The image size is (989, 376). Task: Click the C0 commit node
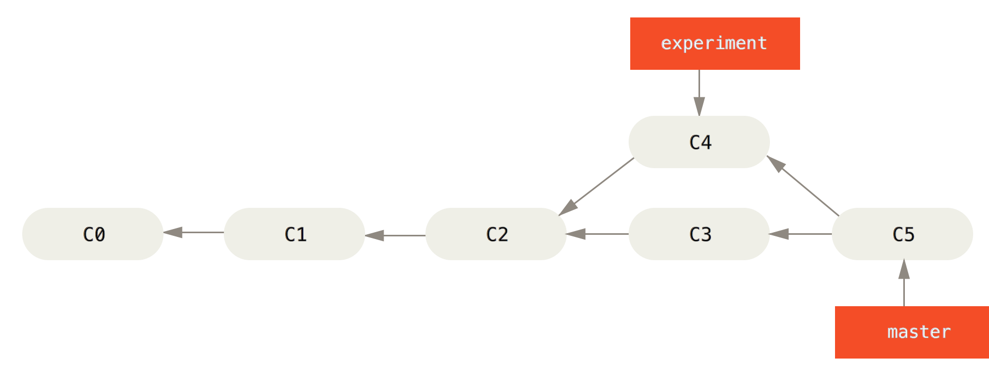coord(93,234)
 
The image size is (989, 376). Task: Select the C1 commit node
coord(294,234)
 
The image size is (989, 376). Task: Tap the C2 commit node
coord(496,234)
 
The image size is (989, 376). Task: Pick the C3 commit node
coord(699,234)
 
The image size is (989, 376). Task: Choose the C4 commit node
coord(699,142)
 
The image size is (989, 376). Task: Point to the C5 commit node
coord(902,234)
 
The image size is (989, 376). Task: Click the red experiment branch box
coord(715,43)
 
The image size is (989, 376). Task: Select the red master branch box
coord(912,332)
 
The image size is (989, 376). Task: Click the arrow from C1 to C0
coord(194,232)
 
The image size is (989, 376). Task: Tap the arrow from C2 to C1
coord(395,235)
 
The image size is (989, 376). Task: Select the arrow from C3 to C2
coord(597,234)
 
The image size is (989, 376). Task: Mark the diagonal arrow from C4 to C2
coord(596,187)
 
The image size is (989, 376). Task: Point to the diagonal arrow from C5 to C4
coord(803,186)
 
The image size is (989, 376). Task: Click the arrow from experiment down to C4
coord(699,93)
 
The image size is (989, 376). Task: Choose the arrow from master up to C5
coord(904,283)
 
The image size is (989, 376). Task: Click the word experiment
coord(714,43)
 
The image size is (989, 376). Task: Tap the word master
coord(919,332)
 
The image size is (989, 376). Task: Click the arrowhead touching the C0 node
coord(173,232)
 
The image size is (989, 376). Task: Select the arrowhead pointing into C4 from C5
coord(776,163)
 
